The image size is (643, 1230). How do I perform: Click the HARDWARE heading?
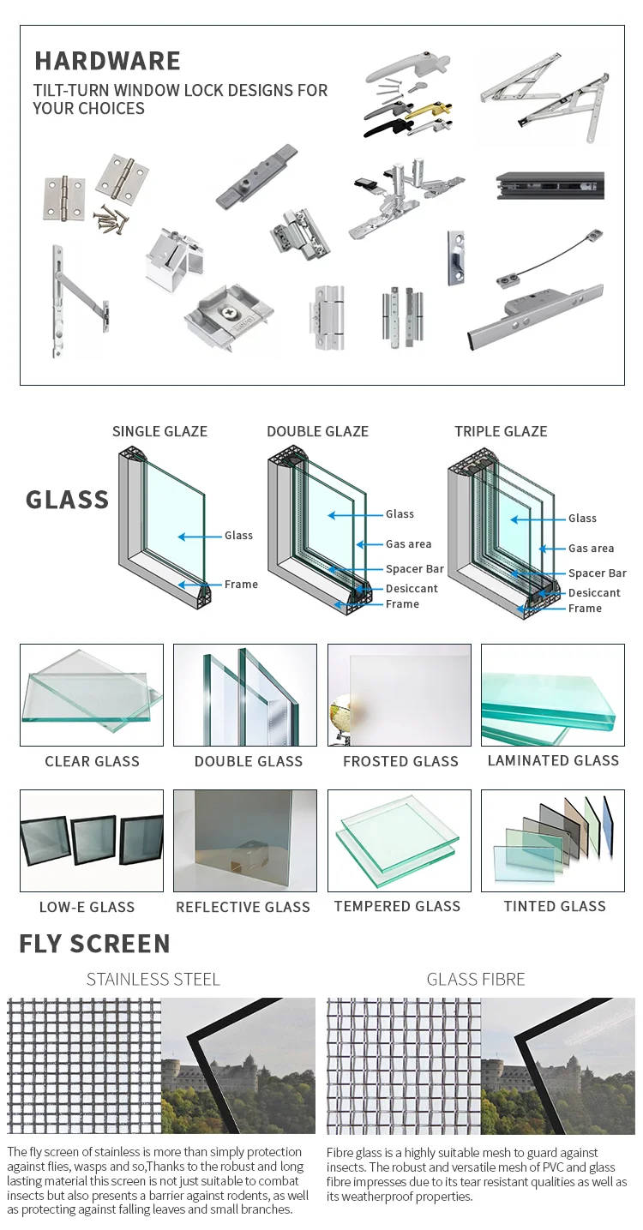tap(107, 61)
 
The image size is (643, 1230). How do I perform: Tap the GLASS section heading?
tap(67, 500)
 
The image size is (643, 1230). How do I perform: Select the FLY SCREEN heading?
tap(94, 944)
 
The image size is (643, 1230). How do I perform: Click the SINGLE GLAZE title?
tap(159, 431)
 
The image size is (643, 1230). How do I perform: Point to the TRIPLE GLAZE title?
tap(501, 431)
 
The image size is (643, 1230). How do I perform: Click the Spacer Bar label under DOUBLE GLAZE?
tap(414, 569)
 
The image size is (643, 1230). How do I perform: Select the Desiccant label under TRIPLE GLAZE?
tap(594, 592)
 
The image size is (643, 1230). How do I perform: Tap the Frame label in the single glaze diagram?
tap(241, 585)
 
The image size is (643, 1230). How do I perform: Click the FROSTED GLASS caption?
tap(400, 761)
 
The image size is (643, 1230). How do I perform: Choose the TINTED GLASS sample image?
tap(553, 841)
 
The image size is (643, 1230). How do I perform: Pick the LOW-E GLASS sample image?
tap(92, 841)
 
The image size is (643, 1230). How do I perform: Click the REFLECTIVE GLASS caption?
tap(243, 907)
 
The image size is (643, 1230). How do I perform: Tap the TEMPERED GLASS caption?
tap(397, 906)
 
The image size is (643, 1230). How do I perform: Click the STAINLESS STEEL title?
tap(153, 979)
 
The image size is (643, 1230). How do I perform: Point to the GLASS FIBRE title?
tap(476, 979)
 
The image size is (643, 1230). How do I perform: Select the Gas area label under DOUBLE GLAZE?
tap(408, 544)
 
